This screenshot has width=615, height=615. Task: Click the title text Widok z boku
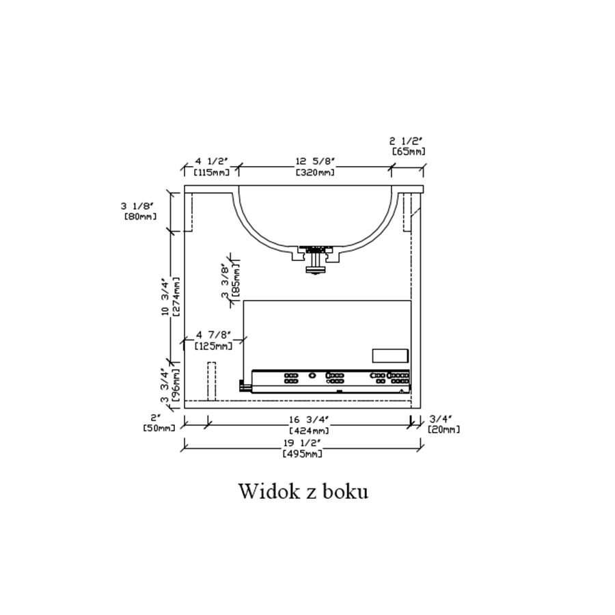[x=303, y=491]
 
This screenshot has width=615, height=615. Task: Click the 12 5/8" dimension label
[x=315, y=161]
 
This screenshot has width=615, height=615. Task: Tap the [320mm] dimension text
[x=315, y=172]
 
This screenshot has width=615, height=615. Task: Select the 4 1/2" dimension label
[x=212, y=161]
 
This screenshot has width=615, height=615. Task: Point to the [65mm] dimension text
[x=409, y=152]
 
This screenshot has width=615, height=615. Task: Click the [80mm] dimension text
[x=140, y=216]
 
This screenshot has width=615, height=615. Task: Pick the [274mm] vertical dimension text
[x=176, y=297]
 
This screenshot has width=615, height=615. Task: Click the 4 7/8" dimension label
[x=214, y=335]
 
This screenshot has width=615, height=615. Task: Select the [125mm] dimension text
[x=214, y=346]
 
